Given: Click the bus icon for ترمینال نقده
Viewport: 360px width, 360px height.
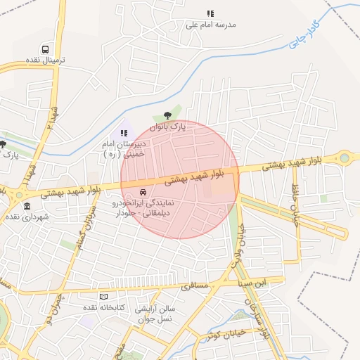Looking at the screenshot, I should pos(46,50).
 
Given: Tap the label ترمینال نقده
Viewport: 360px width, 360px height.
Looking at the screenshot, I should pos(46,60).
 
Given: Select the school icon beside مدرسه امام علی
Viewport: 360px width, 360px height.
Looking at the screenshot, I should pos(210,13).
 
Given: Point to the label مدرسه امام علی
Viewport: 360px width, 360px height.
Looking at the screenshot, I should pos(210,24).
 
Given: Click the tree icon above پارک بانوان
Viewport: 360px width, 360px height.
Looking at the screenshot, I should pos(167,116).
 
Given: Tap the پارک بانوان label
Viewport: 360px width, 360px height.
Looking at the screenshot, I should pos(169,127).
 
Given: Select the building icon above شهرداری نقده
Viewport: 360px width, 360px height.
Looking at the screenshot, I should pos(27,206).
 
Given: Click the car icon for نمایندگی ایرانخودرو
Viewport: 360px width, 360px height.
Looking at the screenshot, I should pos(143,192).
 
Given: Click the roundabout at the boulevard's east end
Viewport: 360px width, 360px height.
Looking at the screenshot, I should pos(345,158).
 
